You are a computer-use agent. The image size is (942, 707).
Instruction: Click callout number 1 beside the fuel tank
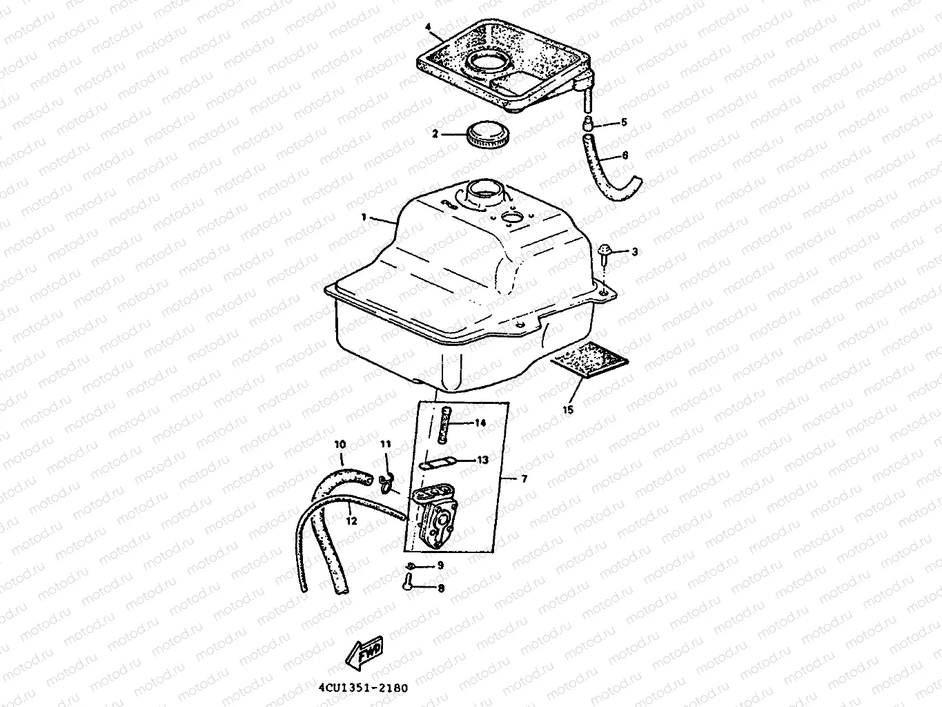pyautogui.click(x=364, y=217)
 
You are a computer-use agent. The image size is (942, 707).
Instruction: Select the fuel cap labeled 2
pyautogui.click(x=487, y=135)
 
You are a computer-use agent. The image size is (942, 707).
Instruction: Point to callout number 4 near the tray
pyautogui.click(x=428, y=27)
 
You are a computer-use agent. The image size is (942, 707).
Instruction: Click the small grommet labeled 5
pyautogui.click(x=588, y=122)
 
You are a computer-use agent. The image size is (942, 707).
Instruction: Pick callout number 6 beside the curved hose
pyautogui.click(x=625, y=155)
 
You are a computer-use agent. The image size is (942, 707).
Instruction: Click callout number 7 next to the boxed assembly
pyautogui.click(x=524, y=478)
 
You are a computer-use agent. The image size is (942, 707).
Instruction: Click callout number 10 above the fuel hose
pyautogui.click(x=340, y=444)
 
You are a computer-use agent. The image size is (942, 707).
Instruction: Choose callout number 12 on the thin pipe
pyautogui.click(x=351, y=521)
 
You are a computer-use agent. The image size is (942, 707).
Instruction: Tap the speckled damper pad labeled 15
pyautogui.click(x=589, y=360)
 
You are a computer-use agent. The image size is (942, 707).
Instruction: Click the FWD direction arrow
pyautogui.click(x=364, y=654)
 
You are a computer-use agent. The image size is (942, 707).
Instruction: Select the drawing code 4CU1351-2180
pyautogui.click(x=364, y=688)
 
